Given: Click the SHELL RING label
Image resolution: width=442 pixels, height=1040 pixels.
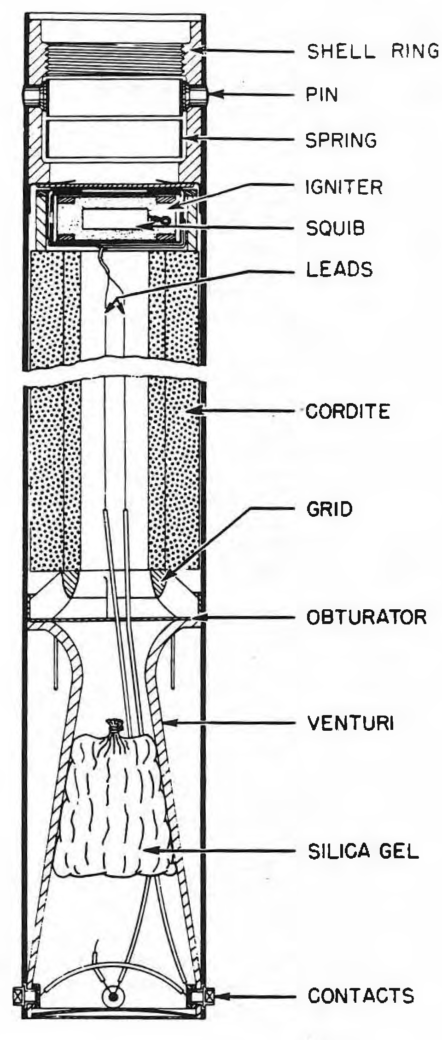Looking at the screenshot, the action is coord(373,51).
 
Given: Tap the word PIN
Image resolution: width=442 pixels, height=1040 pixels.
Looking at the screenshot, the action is coord(322,95).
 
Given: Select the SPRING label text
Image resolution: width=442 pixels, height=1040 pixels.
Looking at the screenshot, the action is coord(341,140).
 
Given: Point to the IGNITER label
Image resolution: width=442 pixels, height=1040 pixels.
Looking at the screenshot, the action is coord(344,187).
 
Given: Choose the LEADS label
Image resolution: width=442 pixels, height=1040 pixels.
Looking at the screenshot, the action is coord(339,269).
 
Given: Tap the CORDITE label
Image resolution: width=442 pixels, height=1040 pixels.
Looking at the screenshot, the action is coord(348,411).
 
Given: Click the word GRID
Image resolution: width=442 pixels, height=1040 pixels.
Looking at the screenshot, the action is coord(329,509).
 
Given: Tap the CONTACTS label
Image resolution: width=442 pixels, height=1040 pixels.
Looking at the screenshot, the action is coord(361,996).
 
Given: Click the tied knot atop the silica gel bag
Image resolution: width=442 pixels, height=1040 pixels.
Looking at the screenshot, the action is coord(114,726).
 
